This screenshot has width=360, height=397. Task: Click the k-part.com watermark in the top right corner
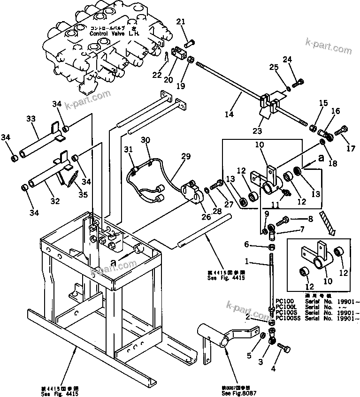(x=328, y=49)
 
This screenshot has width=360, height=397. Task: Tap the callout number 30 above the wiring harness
(x=146, y=140)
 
